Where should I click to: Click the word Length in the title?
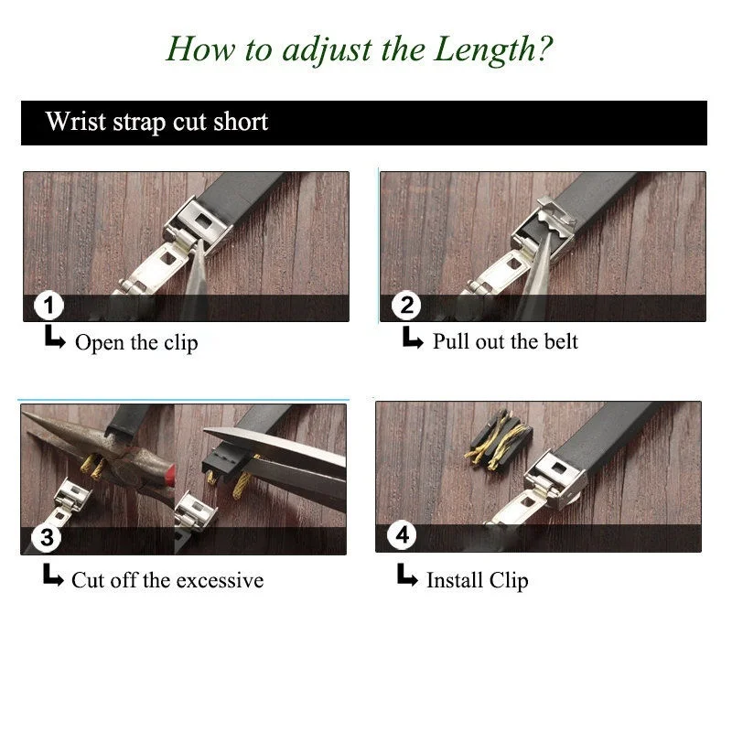(x=486, y=50)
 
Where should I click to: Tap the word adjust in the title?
(x=327, y=50)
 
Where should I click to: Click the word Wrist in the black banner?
(x=76, y=121)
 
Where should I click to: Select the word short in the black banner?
(x=241, y=121)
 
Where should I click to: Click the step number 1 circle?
(x=48, y=306)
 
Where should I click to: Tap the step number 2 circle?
(x=406, y=306)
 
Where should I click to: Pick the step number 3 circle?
(x=46, y=537)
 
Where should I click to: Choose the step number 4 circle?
(x=402, y=535)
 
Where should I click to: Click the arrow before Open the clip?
(x=55, y=337)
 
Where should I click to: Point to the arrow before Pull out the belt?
(x=413, y=337)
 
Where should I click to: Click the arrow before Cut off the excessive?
(x=53, y=575)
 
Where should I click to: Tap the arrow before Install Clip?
(x=407, y=575)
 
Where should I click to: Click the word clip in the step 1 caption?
(x=180, y=343)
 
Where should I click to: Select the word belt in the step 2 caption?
(x=561, y=341)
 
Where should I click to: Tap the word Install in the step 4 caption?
(x=454, y=580)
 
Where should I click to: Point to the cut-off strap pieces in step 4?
(x=498, y=439)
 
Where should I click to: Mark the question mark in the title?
(x=544, y=48)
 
